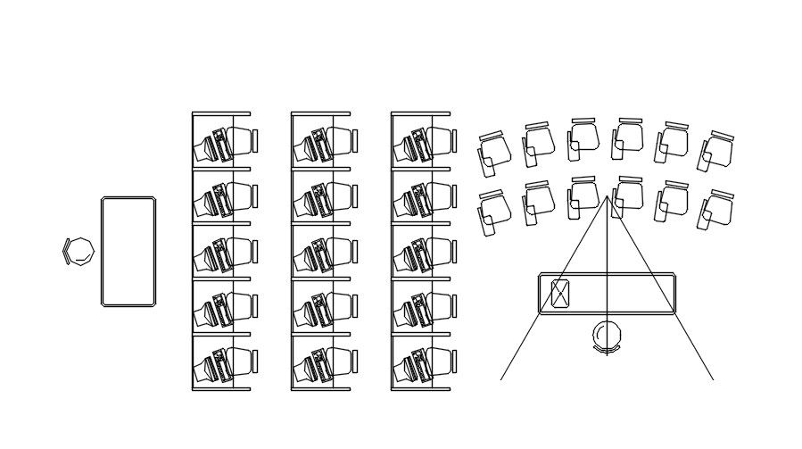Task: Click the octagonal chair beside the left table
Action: point(79,251)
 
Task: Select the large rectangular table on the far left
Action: point(128,252)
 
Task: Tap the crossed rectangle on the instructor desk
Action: point(560,293)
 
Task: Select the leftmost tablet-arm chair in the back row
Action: point(493,153)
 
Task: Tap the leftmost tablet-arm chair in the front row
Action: point(493,211)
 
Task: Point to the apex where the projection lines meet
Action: point(608,197)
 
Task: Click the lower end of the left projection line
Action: point(501,379)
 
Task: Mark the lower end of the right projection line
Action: point(713,379)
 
